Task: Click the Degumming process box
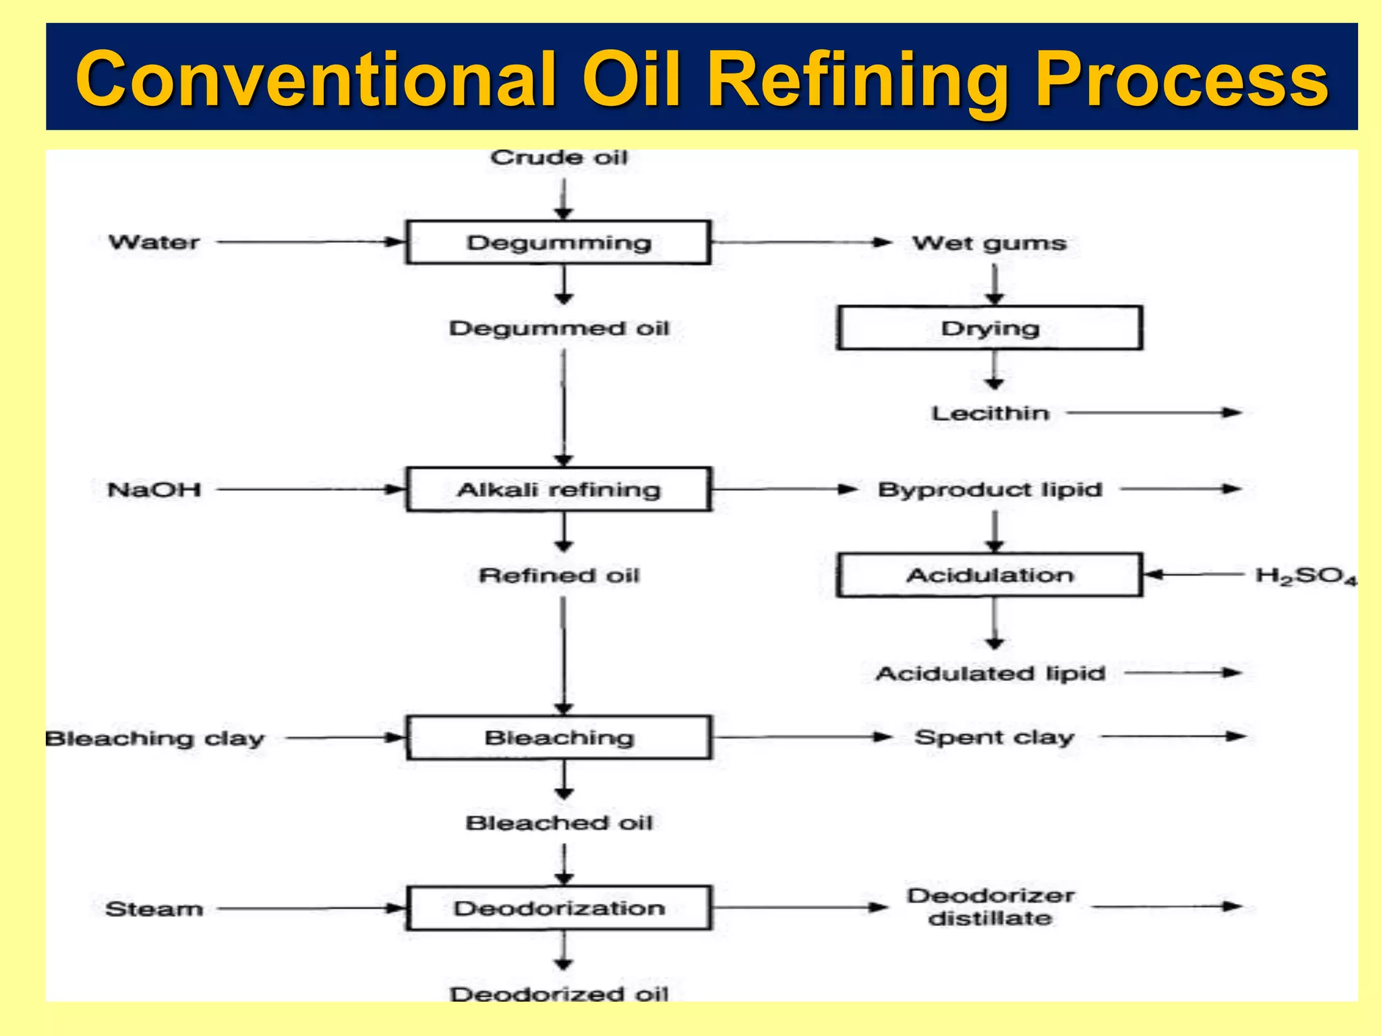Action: (558, 242)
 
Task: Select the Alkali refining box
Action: (558, 489)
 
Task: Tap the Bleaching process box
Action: (558, 737)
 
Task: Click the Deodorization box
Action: (558, 908)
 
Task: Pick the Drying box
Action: (989, 328)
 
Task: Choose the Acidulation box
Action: (989, 575)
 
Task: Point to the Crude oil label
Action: (558, 157)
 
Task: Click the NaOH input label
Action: (154, 489)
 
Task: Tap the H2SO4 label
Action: (1305, 576)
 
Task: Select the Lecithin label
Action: (990, 413)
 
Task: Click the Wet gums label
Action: (989, 243)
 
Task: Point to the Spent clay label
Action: (994, 737)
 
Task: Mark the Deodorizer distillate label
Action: (990, 906)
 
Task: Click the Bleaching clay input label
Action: (155, 739)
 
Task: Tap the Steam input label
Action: (154, 909)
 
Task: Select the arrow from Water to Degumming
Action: (310, 241)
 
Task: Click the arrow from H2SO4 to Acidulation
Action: (1194, 575)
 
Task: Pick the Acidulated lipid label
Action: (990, 673)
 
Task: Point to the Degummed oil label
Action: (558, 328)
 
